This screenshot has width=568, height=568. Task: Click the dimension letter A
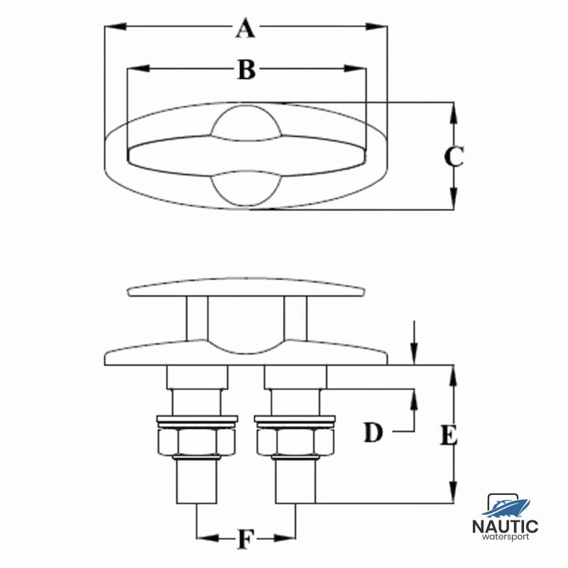pos(245,28)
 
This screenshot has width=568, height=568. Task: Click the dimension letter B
pos(246,70)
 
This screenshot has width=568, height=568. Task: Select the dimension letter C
pos(454,156)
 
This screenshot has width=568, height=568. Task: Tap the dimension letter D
pos(373,432)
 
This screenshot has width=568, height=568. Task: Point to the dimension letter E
pos(449,435)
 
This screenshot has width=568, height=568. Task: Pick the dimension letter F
pos(246,540)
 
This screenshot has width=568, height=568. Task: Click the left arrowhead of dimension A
pos(116,26)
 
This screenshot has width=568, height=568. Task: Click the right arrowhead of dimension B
pos(354,68)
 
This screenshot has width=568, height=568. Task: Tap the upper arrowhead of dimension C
pos(454,114)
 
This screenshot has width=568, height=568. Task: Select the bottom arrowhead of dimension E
pos(453,492)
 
